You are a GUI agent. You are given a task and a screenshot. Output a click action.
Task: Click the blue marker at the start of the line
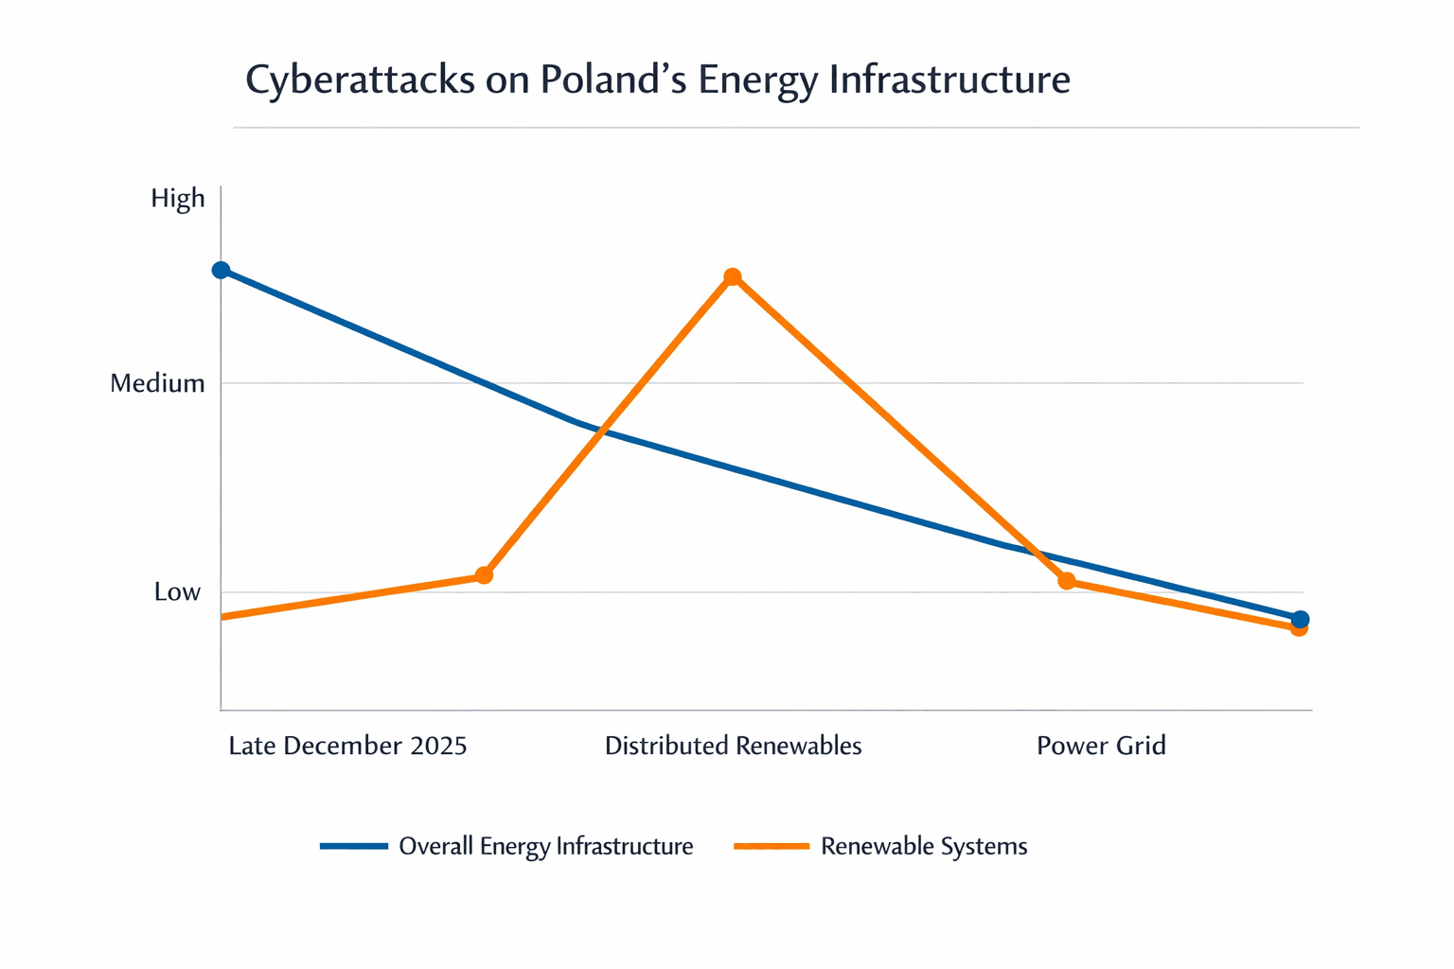click(221, 271)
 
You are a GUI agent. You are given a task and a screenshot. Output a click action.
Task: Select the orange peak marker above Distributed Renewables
click(732, 277)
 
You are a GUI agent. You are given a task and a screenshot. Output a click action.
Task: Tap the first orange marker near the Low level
click(484, 575)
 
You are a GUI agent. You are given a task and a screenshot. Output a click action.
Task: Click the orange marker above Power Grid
click(1067, 581)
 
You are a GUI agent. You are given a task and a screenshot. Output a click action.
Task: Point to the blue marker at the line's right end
click(1301, 619)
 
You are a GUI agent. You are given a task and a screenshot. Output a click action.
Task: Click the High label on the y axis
click(178, 199)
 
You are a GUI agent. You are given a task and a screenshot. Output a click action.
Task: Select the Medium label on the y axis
click(157, 383)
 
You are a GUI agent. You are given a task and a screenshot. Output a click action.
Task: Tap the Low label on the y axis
click(177, 592)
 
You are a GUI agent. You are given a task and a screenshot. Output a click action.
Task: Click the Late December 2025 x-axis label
click(347, 746)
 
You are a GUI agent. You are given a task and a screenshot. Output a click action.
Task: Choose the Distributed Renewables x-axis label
click(733, 746)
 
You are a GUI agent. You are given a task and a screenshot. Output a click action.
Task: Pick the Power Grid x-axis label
click(1101, 746)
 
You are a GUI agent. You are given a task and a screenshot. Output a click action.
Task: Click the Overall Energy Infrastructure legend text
click(545, 846)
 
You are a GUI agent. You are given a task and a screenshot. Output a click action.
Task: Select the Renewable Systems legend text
click(924, 846)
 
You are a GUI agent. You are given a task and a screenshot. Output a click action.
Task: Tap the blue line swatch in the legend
click(354, 846)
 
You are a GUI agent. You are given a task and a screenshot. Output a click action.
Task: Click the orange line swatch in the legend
click(771, 846)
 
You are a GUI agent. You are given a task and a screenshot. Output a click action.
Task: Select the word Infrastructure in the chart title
click(949, 80)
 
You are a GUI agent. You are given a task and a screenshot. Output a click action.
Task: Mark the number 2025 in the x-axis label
click(438, 746)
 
